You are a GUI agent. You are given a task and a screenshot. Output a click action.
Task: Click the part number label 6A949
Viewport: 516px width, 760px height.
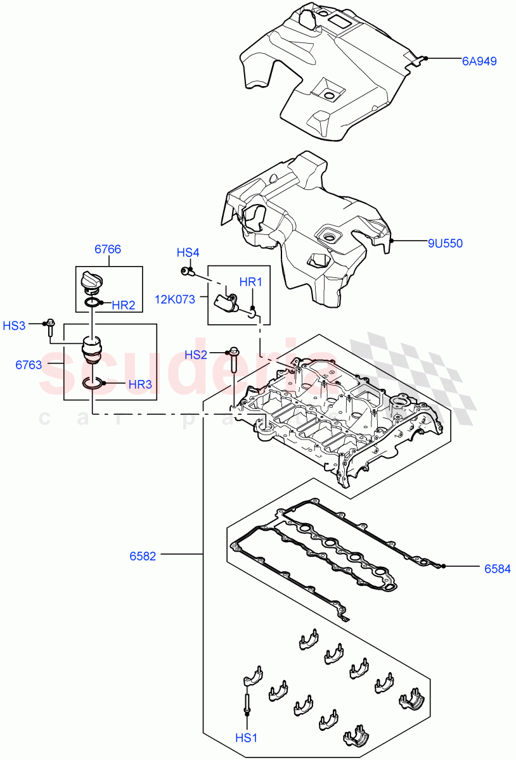[479, 61]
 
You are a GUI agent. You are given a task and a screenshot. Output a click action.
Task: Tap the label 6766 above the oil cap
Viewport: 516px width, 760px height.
[108, 250]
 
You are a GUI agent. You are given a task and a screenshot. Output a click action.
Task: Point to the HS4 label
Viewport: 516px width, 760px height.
[188, 253]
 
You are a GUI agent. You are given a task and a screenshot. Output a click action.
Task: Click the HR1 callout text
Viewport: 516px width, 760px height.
[250, 281]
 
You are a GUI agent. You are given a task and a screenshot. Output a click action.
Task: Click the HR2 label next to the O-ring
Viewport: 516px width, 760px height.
[124, 305]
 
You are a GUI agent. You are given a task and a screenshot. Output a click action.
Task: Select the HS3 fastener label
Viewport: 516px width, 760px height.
[14, 326]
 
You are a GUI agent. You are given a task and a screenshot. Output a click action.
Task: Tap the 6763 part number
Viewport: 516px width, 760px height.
[29, 365]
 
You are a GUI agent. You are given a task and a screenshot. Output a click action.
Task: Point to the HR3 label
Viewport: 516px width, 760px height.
[140, 384]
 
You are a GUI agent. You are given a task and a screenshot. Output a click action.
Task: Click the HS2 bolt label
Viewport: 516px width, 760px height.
[196, 355]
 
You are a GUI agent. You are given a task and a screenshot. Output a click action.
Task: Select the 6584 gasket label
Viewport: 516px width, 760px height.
[498, 569]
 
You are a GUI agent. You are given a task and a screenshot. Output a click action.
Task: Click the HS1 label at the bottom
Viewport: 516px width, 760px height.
[246, 737]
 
